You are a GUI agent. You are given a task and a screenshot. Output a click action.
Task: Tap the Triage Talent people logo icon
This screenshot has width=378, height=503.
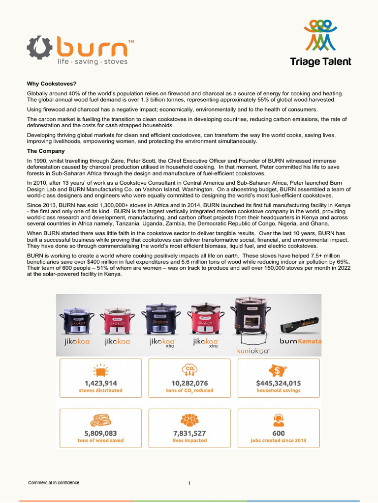click(320, 35)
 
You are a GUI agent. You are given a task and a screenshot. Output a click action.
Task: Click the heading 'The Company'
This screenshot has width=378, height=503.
click(46, 151)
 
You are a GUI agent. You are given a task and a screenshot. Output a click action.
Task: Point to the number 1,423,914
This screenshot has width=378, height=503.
click(100, 383)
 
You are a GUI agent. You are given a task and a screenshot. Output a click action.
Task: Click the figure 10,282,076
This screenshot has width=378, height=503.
click(189, 383)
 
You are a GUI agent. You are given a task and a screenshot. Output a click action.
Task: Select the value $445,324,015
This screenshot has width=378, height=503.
click(279, 383)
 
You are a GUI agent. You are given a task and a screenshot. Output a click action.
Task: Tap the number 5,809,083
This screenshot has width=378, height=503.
click(100, 433)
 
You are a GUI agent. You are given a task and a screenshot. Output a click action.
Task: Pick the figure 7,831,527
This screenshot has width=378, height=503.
click(189, 433)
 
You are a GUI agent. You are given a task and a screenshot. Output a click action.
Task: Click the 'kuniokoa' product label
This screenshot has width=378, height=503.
click(253, 351)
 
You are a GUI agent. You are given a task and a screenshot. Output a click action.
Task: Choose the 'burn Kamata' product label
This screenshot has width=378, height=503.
click(300, 341)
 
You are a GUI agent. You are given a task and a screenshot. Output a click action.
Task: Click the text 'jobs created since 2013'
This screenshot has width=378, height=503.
click(279, 440)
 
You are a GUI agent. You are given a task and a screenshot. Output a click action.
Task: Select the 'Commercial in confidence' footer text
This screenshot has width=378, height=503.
click(54, 482)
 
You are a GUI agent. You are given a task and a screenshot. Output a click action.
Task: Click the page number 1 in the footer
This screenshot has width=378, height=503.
click(189, 483)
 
